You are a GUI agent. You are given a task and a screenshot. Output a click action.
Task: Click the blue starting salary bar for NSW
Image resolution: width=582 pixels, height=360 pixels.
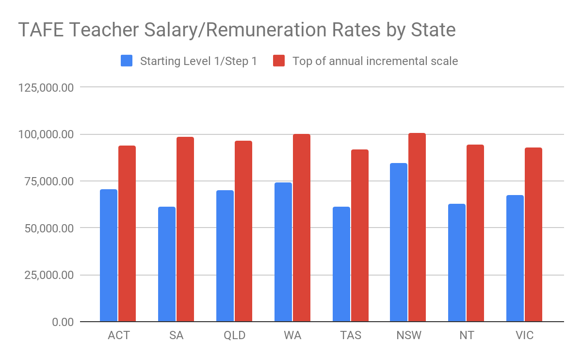(399, 242)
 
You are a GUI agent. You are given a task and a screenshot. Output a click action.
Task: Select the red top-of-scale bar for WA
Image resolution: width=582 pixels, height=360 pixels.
(301, 228)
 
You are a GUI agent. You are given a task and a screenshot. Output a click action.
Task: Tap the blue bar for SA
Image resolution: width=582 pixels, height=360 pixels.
(166, 264)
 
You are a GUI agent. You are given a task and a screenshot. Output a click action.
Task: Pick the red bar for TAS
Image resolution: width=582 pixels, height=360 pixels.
(359, 235)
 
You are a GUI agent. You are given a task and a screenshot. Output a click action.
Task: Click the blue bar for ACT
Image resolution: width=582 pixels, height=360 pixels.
(108, 255)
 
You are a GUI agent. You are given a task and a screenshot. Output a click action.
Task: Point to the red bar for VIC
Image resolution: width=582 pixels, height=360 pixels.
(533, 234)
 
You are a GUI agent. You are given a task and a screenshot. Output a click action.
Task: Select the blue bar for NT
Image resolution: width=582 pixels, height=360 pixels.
(456, 262)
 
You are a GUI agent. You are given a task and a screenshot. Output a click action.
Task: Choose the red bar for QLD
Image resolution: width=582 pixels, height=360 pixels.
(243, 231)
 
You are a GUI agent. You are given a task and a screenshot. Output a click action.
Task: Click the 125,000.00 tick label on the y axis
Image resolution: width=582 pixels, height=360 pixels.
(46, 87)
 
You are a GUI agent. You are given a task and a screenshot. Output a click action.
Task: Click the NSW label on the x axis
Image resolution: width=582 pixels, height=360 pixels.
(408, 336)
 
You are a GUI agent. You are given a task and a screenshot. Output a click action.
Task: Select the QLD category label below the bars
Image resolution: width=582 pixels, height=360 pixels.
(234, 336)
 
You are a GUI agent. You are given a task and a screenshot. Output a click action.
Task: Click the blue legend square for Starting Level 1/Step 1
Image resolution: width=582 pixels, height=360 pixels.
(127, 61)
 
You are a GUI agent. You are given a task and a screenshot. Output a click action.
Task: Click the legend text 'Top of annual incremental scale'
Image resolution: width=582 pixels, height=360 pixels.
(375, 61)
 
